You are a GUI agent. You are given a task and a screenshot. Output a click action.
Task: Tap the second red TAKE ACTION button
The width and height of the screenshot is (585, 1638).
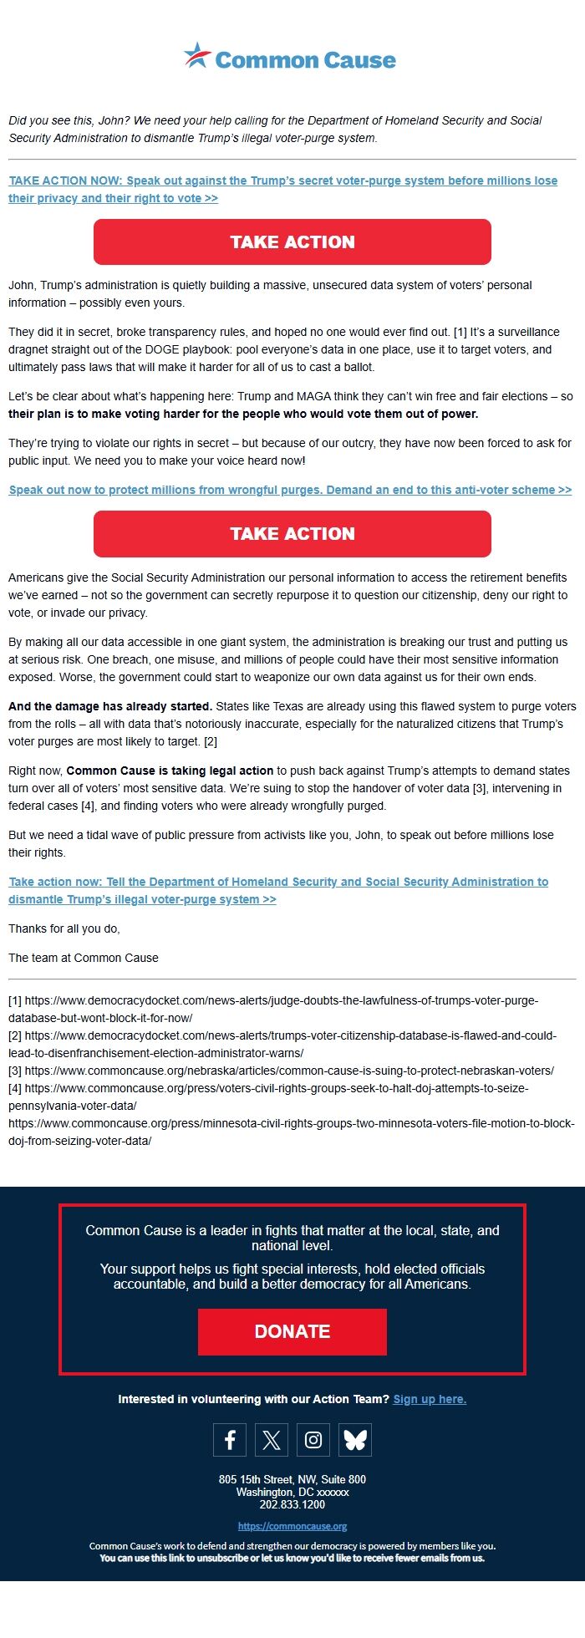tap(292, 534)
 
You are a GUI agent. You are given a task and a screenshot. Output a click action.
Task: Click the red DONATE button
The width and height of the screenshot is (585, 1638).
tap(292, 1331)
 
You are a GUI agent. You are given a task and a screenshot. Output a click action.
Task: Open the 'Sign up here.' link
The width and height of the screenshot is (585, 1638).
tap(430, 1399)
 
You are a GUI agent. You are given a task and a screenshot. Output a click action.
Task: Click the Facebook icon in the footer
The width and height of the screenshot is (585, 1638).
tap(230, 1440)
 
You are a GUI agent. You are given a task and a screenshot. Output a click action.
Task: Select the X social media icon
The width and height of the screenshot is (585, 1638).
tap(272, 1440)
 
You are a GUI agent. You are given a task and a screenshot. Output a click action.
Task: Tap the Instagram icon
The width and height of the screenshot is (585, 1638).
tap(313, 1440)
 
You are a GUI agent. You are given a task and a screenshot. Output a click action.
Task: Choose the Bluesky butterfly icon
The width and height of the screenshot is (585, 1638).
tap(355, 1440)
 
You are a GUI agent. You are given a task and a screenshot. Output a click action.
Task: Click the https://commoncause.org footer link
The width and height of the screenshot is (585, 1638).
tap(292, 1526)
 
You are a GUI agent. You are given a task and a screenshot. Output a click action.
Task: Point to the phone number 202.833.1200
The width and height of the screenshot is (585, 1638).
tap(292, 1504)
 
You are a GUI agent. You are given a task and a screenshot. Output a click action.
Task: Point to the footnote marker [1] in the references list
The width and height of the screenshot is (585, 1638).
tap(15, 1000)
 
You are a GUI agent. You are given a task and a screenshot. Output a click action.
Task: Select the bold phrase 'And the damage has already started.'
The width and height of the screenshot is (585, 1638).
tap(110, 706)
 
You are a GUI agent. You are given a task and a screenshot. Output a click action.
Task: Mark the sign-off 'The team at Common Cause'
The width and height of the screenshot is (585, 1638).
tap(84, 958)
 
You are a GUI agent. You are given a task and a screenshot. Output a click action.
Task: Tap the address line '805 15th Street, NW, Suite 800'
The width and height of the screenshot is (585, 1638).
tap(292, 1479)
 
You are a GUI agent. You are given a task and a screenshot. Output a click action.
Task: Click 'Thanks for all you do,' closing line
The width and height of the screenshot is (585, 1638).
tap(64, 928)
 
